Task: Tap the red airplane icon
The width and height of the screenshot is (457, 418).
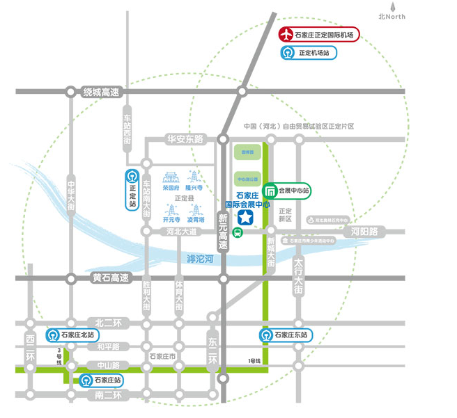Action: (285, 34)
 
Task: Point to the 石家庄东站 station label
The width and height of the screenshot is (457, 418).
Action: (290, 335)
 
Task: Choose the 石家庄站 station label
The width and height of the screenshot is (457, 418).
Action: (102, 380)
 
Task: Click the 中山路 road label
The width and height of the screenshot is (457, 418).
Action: (107, 364)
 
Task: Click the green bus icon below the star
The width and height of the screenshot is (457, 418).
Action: (238, 234)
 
